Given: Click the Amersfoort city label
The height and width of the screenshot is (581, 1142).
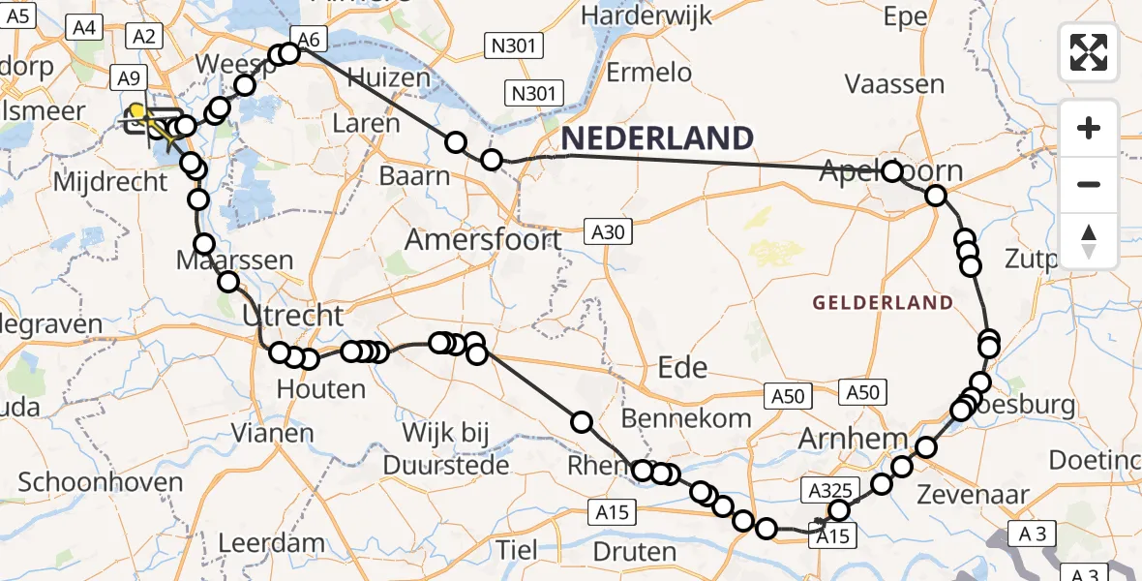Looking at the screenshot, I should point(483,238).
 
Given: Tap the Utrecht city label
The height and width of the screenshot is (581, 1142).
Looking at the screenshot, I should point(292,315).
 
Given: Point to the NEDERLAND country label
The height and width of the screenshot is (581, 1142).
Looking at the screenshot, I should point(657,138).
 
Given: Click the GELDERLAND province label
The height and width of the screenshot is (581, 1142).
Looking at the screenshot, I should point(883,303).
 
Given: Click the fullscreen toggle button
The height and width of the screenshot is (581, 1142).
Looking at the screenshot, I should point(1089,52).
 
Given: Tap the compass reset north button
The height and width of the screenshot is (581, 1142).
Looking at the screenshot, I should point(1089,241).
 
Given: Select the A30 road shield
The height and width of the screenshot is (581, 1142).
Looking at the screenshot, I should point(610,230).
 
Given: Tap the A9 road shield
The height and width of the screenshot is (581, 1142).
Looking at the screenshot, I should point(130,77).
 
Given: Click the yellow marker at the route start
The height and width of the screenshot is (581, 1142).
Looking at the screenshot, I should point(137,111).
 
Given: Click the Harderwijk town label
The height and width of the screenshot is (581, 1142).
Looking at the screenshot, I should point(647,16).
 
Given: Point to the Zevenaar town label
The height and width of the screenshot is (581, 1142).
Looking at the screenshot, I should point(981,495).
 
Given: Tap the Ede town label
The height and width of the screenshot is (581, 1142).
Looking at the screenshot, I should point(682,367).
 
